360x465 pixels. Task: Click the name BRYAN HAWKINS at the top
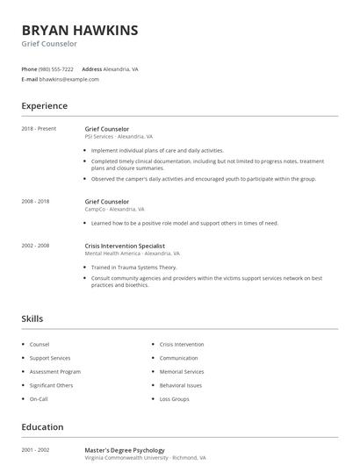click(x=80, y=30)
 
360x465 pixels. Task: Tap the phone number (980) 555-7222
click(x=56, y=68)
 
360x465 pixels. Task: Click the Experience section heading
click(x=44, y=106)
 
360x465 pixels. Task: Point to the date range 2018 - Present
click(x=39, y=128)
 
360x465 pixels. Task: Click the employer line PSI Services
click(x=119, y=137)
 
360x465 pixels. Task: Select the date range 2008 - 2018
click(x=35, y=201)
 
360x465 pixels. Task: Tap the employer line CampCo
click(x=113, y=210)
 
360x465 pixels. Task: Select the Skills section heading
click(x=32, y=318)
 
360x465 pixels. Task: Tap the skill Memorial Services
click(x=182, y=371)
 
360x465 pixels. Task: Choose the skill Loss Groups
click(x=174, y=398)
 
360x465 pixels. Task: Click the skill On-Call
click(x=39, y=398)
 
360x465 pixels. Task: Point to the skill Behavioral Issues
click(x=181, y=385)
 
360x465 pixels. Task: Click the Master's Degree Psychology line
click(x=125, y=450)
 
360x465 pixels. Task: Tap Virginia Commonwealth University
click(x=131, y=458)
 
